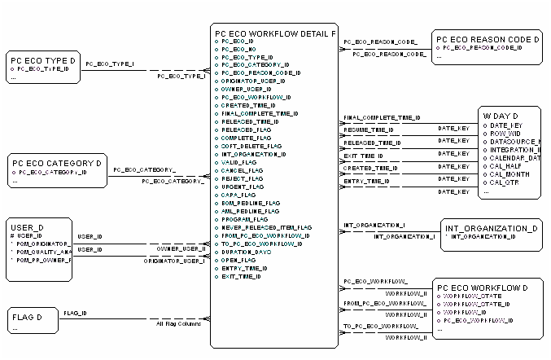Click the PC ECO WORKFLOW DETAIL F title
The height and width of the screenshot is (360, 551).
(274, 33)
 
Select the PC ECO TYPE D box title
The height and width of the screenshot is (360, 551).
(42, 60)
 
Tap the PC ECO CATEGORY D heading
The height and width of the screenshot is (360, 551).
(54, 163)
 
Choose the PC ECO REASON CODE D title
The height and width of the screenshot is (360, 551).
(488, 38)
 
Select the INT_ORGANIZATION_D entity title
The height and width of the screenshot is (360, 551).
(490, 228)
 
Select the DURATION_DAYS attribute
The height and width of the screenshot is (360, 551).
(246, 252)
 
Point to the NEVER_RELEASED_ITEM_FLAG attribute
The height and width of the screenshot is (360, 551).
(266, 227)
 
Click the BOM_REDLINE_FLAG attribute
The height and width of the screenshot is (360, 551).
(251, 203)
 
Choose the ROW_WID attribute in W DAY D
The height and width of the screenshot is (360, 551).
(510, 133)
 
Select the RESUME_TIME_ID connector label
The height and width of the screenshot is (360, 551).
(369, 130)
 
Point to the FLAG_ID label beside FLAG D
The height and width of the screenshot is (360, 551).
(76, 313)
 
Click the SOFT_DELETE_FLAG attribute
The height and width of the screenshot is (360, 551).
(251, 146)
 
